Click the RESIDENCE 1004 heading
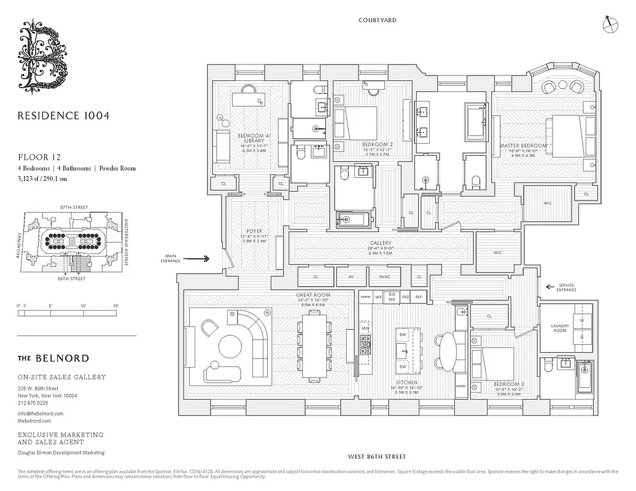(x=63, y=115)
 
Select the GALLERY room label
(x=381, y=242)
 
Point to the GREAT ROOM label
(x=313, y=295)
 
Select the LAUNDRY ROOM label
(x=560, y=329)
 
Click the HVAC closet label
(x=385, y=277)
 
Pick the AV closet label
(x=351, y=277)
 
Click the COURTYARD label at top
(x=378, y=20)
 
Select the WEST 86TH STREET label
(x=377, y=457)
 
